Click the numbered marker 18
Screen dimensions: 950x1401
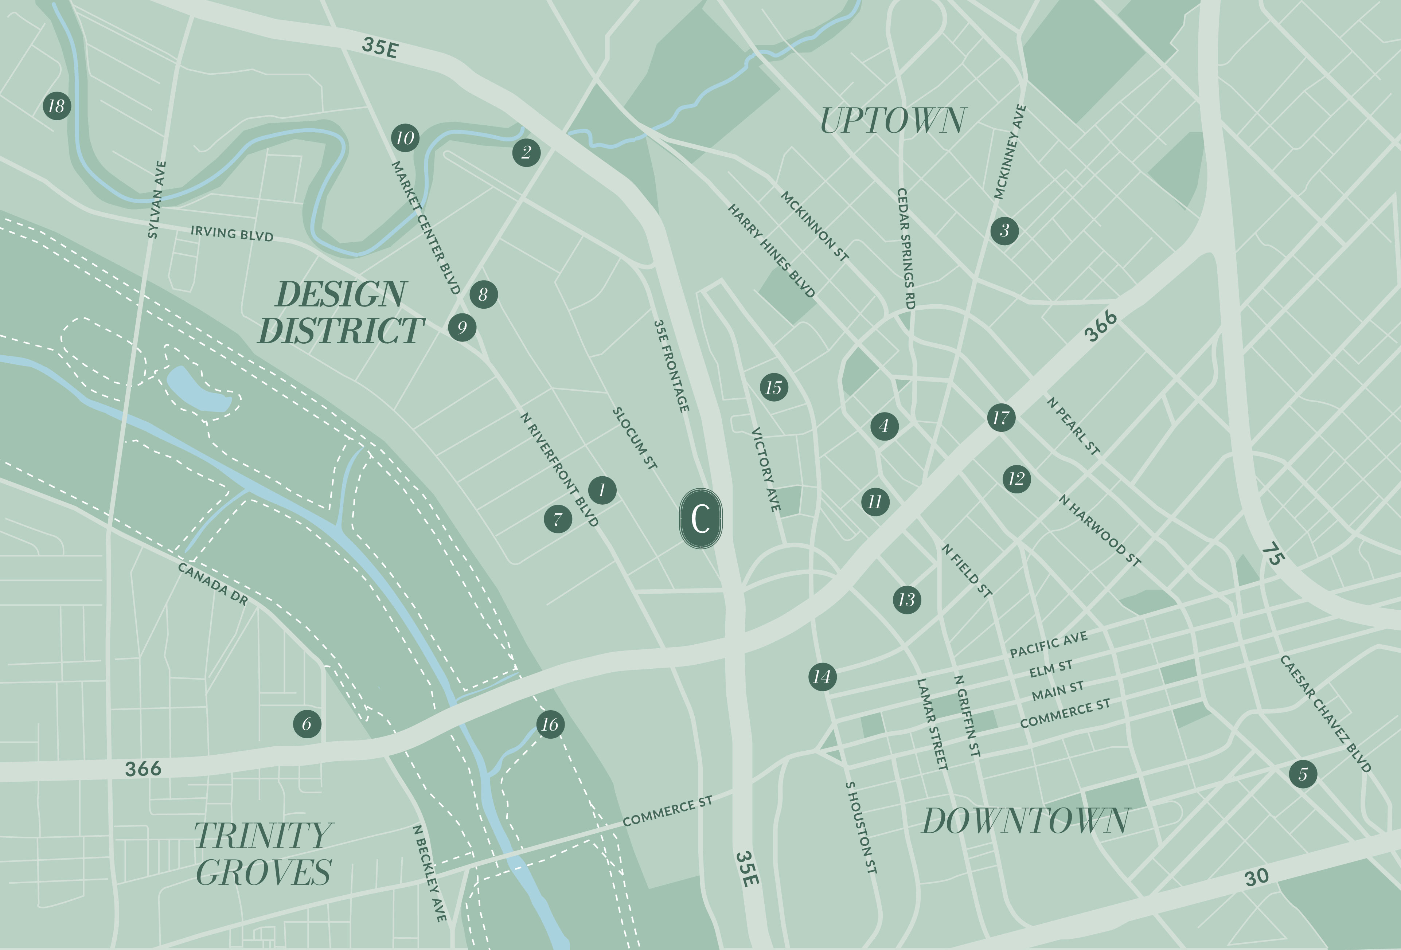pos(56,106)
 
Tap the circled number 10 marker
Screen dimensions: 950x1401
pos(405,138)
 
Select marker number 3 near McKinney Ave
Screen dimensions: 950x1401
pos(1004,230)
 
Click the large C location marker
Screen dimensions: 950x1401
pos(700,519)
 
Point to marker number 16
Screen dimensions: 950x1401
pos(550,724)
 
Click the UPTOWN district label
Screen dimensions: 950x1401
pos(893,121)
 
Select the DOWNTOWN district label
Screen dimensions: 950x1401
pos(1026,821)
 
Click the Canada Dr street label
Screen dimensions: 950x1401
pos(213,583)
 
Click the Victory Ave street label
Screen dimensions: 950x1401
pos(766,470)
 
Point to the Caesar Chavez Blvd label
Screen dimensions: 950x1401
pos(1325,713)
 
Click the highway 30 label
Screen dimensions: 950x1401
pos(1257,877)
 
